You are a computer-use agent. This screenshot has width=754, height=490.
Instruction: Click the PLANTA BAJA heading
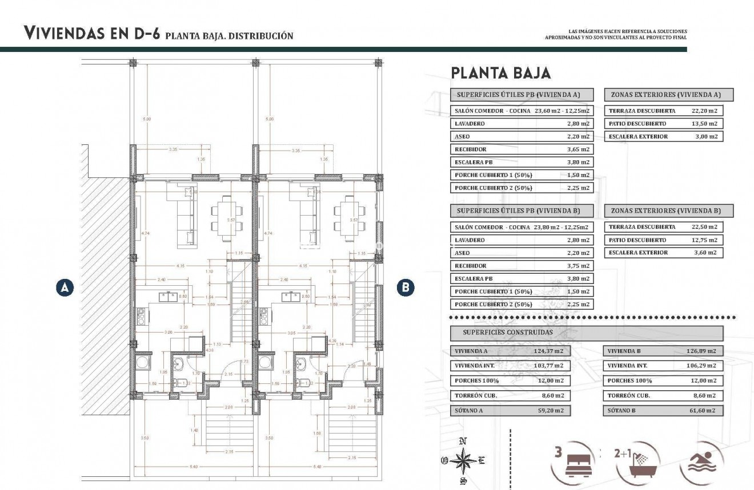click(x=500, y=73)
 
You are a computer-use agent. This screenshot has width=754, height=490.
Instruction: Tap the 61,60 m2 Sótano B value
click(x=701, y=410)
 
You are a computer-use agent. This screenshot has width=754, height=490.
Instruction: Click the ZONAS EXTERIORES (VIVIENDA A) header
click(x=668, y=95)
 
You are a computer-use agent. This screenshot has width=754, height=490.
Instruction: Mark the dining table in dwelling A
click(x=223, y=219)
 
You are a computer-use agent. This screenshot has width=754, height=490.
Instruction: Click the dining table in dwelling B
click(x=346, y=219)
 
